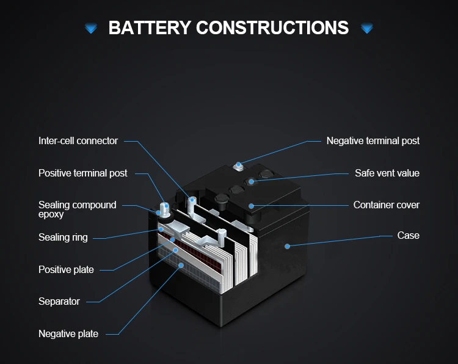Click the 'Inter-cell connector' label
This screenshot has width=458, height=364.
click(78, 141)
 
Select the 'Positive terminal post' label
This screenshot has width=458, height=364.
click(83, 173)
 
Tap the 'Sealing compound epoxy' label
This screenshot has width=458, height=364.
click(77, 209)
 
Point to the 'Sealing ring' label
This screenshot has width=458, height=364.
click(63, 238)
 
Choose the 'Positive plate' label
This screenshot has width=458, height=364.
click(66, 270)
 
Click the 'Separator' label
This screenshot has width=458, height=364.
click(59, 302)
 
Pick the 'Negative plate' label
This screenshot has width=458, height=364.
click(68, 334)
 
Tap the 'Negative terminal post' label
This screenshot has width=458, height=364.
click(373, 141)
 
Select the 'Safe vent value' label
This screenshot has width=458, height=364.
click(387, 173)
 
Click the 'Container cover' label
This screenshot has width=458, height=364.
click(387, 205)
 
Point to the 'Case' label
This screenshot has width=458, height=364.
click(408, 236)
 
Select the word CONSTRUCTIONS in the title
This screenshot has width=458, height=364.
click(272, 27)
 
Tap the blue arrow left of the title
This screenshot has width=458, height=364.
click(91, 28)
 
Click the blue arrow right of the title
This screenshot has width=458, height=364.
click(367, 28)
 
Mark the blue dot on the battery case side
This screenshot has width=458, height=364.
click(288, 246)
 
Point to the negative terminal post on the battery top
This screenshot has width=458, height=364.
click(238, 166)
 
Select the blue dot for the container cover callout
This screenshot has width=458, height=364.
click(251, 206)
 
